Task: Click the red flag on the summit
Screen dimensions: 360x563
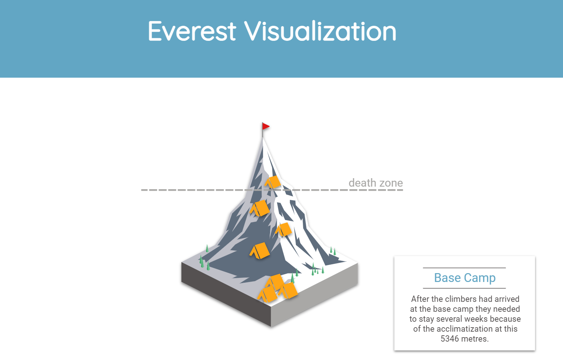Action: [x=265, y=127]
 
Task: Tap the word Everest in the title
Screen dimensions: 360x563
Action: [x=192, y=31]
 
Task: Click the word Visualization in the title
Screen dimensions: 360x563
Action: [x=320, y=31]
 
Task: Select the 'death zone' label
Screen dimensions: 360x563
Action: [x=375, y=183]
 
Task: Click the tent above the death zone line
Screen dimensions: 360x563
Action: [x=273, y=182]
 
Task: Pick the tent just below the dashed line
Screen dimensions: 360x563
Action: [x=260, y=208]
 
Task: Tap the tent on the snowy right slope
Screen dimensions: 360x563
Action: [x=284, y=229]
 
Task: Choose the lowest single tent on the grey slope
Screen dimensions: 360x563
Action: [x=260, y=251]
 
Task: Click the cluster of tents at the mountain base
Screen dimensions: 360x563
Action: [x=277, y=288]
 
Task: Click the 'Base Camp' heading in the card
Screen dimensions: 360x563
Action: [x=464, y=278]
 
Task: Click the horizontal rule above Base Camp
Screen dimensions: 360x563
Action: [x=464, y=268]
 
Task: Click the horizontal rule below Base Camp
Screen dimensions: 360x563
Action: [x=464, y=288]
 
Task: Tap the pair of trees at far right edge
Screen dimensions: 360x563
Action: [x=333, y=251]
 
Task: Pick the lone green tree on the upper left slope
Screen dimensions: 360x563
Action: [x=207, y=248]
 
